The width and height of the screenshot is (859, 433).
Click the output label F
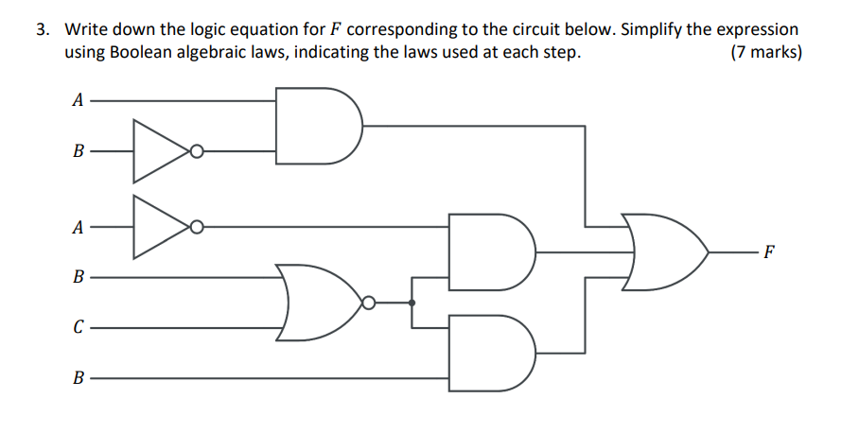click(x=768, y=252)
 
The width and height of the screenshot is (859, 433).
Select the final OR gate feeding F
click(x=662, y=252)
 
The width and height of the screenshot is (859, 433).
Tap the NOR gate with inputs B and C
click(x=318, y=303)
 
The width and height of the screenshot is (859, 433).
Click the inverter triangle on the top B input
click(x=161, y=150)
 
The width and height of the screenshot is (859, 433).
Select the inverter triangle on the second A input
click(x=161, y=227)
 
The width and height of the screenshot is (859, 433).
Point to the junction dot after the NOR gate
click(x=412, y=303)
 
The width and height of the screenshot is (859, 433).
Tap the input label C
click(x=79, y=328)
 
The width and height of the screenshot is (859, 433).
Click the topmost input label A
click(x=79, y=99)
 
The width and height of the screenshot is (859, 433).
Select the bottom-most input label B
click(x=79, y=378)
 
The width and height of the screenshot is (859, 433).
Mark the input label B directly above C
click(x=79, y=278)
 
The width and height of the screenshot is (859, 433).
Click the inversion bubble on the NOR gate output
click(x=369, y=303)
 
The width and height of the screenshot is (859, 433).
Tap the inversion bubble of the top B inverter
click(x=196, y=150)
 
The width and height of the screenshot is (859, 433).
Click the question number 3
click(x=43, y=29)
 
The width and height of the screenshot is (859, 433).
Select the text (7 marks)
click(x=766, y=53)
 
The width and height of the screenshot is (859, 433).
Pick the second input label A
click(x=79, y=227)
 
